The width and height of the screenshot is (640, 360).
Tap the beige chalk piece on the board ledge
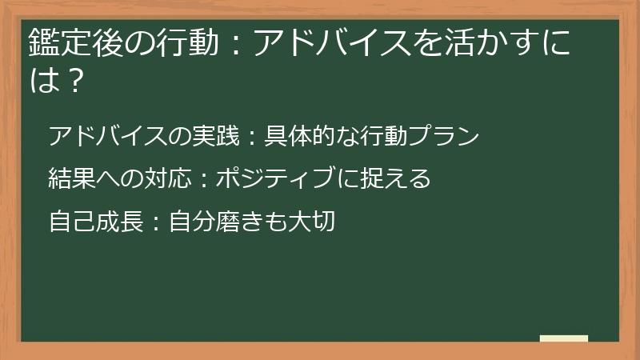[563, 339]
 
